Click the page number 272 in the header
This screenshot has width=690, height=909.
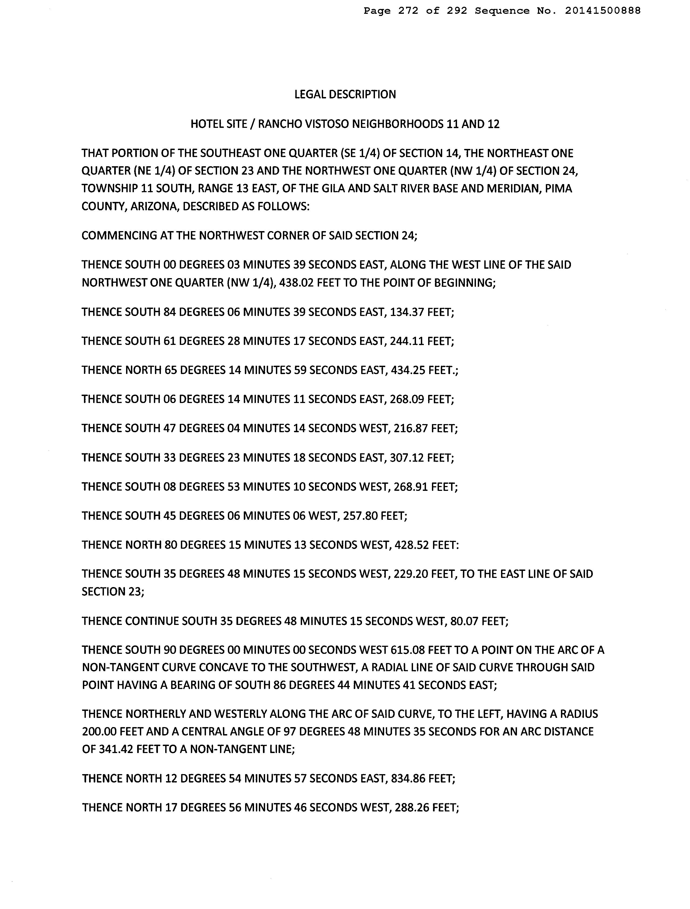click(x=408, y=11)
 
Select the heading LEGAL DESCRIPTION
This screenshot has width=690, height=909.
click(x=345, y=95)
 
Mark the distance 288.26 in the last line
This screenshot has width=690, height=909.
click(x=411, y=808)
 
